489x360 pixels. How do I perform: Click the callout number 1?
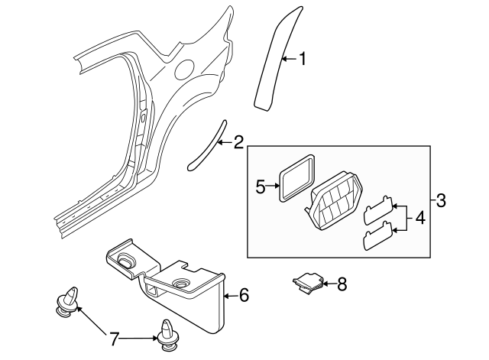tap(302, 59)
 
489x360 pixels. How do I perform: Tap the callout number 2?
tap(238, 141)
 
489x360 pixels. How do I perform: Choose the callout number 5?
tap(260, 186)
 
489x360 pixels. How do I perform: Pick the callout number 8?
tap(342, 284)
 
